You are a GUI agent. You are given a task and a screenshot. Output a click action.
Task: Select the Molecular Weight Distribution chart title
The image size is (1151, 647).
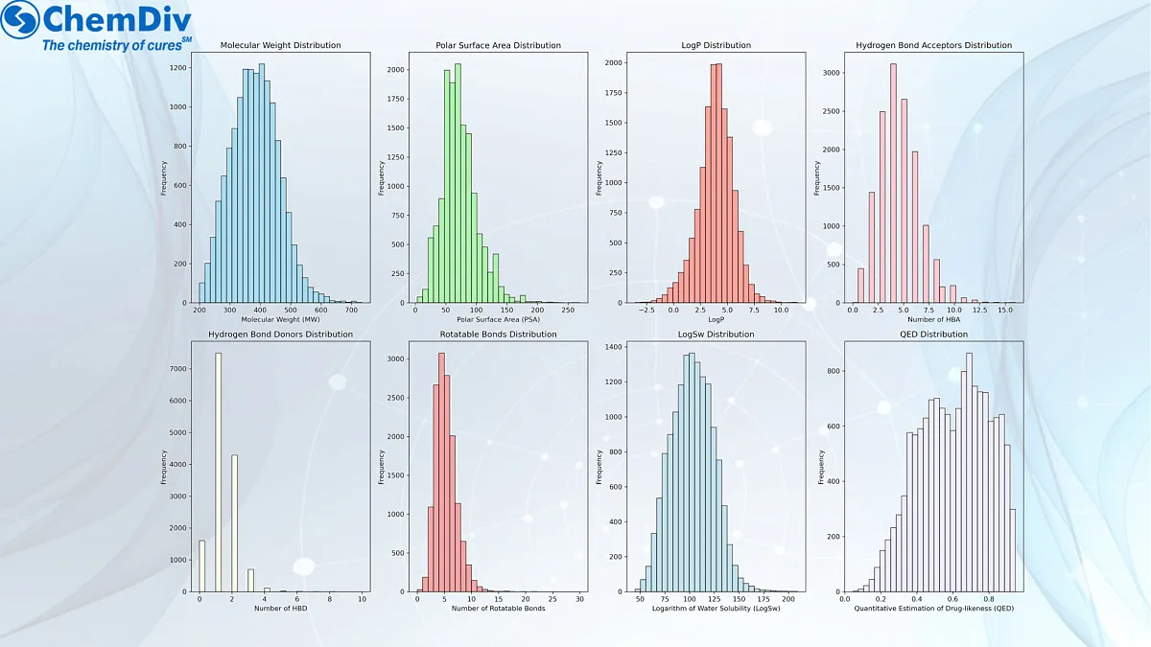[x=280, y=45]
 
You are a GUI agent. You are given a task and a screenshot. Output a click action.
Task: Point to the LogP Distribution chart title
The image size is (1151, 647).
[x=715, y=45]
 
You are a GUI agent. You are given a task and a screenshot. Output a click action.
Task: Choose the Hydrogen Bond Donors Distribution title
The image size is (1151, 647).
[x=280, y=335]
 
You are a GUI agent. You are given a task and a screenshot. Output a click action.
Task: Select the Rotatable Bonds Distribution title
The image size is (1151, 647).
[x=498, y=335]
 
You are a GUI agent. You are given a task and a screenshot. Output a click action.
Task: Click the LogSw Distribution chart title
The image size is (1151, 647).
[x=715, y=335]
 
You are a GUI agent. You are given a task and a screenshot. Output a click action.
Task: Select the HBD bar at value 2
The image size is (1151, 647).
[x=234, y=522]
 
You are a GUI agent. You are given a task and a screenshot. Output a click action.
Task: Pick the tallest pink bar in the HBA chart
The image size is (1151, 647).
[x=893, y=182]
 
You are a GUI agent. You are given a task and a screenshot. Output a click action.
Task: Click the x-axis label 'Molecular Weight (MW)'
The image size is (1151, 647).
[x=280, y=319]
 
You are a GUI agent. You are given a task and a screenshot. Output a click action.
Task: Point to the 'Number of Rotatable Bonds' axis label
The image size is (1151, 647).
[x=498, y=609]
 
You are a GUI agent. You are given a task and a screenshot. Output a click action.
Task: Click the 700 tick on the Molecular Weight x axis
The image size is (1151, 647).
[x=351, y=312]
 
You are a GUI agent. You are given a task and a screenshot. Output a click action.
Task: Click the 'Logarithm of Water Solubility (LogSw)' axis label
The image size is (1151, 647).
[x=715, y=609]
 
